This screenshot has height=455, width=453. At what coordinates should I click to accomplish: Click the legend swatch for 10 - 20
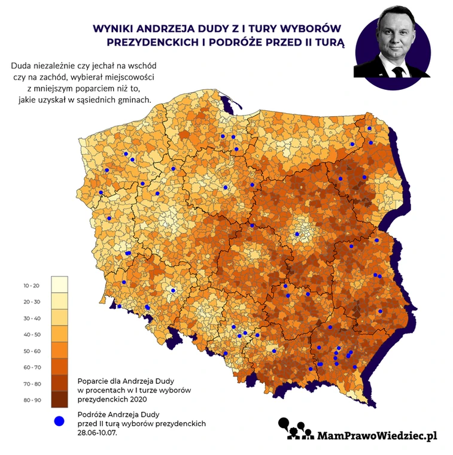coord(59,284)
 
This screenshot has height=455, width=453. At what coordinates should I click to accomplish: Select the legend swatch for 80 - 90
coord(59,399)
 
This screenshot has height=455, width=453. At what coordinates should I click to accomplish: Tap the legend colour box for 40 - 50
coord(59,333)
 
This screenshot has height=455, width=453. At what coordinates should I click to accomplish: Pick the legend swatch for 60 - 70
coord(59,366)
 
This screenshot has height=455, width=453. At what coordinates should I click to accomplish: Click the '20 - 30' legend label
coord(32,302)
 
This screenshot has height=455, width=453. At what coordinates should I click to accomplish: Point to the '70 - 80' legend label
coord(32,384)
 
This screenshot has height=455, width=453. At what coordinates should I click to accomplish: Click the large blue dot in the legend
coord(59,421)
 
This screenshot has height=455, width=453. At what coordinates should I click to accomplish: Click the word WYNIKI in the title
coord(114,28)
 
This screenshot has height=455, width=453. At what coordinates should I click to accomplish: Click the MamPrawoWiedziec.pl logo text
coord(378,435)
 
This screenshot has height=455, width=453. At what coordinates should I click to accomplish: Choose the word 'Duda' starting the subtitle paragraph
coord(22,66)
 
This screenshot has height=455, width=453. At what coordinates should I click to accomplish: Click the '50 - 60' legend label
coord(32,351)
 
